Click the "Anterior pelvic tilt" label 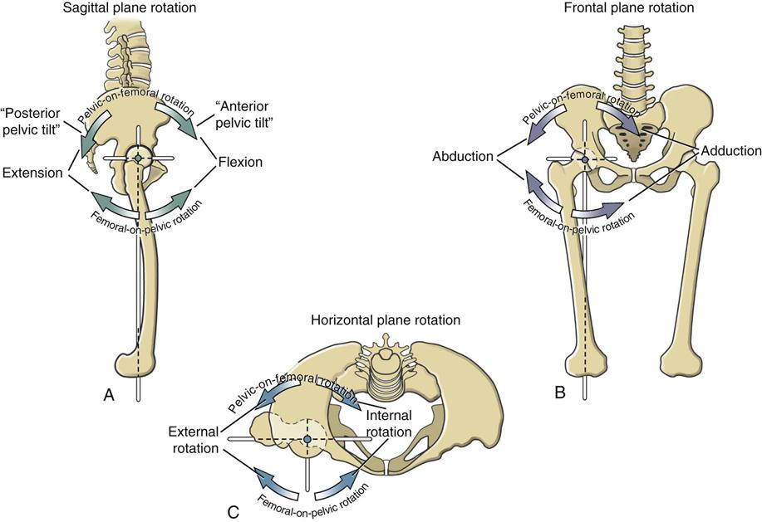[x=241, y=117]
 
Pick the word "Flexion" [x=241, y=163]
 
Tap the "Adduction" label [x=730, y=151]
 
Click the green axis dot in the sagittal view [x=138, y=158]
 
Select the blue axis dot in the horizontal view [x=307, y=438]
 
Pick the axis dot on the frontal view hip [x=584, y=159]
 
